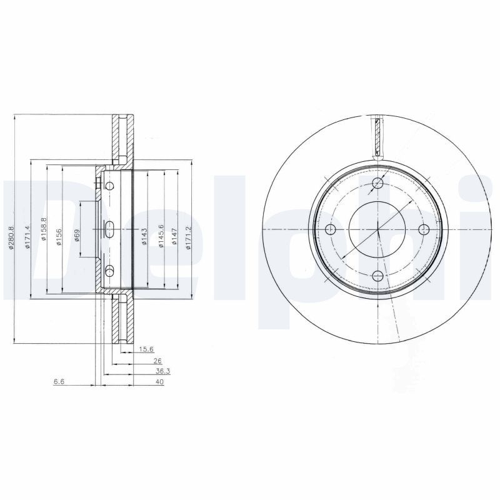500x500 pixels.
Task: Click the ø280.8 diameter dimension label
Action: click(11, 237)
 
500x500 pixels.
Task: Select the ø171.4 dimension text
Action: click(27, 237)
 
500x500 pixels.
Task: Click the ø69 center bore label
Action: click(77, 236)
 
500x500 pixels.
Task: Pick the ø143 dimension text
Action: click(144, 237)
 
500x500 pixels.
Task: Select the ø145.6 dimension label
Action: click(161, 236)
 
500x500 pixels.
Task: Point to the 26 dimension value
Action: click(157, 361)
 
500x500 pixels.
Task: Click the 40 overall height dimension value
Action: click(159, 381)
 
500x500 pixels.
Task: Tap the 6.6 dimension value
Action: click(59, 381)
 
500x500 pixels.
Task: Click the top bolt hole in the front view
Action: click(377, 183)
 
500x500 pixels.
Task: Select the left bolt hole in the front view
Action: click(331, 229)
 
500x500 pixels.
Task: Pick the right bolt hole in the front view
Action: click(423, 229)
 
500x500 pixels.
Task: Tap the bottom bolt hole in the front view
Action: click(377, 275)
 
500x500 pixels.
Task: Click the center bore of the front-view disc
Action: click(377, 229)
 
